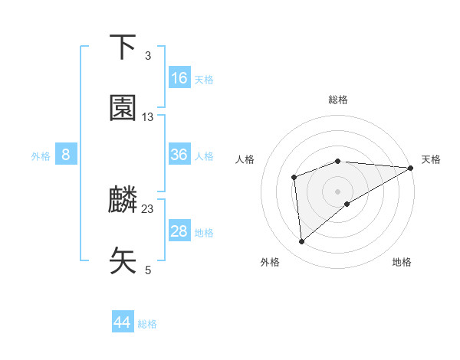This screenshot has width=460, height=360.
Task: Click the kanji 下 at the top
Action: pyautogui.click(x=123, y=47)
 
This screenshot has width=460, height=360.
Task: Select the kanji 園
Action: pyautogui.click(x=123, y=109)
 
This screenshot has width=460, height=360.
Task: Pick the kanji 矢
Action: pyautogui.click(x=123, y=261)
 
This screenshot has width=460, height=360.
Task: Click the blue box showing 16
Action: pyautogui.click(x=179, y=78)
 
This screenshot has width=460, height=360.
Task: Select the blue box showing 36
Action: pyautogui.click(x=179, y=155)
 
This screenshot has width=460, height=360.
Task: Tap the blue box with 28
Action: pyautogui.click(x=179, y=231)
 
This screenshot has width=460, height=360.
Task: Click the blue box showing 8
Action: pyautogui.click(x=66, y=155)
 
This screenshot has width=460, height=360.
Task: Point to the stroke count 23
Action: pyautogui.click(x=148, y=208)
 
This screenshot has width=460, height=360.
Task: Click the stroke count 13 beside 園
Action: pyautogui.click(x=148, y=117)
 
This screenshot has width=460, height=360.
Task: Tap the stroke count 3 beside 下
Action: pyautogui.click(x=148, y=56)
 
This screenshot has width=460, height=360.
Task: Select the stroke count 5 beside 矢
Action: pyautogui.click(x=148, y=270)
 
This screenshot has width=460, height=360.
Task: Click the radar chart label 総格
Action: pyautogui.click(x=338, y=100)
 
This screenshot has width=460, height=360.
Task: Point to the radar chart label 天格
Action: pyautogui.click(x=431, y=159)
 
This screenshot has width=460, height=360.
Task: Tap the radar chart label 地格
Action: pyautogui.click(x=402, y=263)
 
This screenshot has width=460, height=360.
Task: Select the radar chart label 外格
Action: pyautogui.click(x=270, y=263)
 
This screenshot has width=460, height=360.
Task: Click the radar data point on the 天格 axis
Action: pyautogui.click(x=411, y=168)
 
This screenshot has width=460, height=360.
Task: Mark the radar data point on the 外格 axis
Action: pyautogui.click(x=301, y=242)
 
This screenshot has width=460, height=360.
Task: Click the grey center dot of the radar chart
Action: pyautogui.click(x=338, y=191)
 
